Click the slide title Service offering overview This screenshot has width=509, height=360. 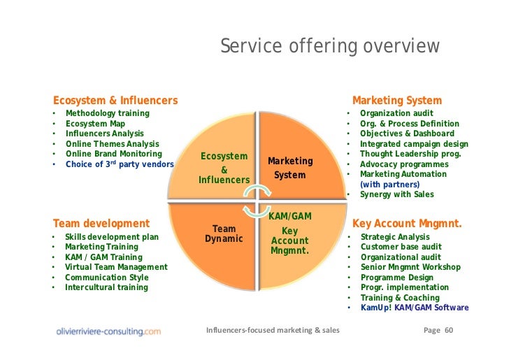tap(330, 47)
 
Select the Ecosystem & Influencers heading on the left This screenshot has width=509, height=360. tap(115, 101)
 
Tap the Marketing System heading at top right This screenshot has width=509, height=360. tap(396, 101)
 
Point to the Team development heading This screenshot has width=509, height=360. tap(101, 224)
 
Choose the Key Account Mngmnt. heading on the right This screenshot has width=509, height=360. tap(407, 224)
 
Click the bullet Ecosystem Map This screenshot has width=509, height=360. tap(95, 124)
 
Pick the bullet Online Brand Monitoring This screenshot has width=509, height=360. tap(113, 154)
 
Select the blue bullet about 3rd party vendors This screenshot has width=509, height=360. tap(120, 164)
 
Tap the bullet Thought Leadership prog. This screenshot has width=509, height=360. tap(410, 154)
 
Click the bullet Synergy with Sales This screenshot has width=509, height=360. tap(396, 194)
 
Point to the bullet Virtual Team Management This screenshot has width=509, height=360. tap(116, 267)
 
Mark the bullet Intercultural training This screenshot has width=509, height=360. tap(106, 287)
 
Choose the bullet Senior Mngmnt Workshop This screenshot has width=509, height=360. tap(410, 267)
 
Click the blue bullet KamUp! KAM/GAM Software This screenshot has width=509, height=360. tap(414, 308)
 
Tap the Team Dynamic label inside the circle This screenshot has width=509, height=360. tap(224, 233)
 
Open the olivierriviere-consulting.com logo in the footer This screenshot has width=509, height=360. tap(108, 331)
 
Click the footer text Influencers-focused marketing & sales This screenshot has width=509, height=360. tap(273, 330)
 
